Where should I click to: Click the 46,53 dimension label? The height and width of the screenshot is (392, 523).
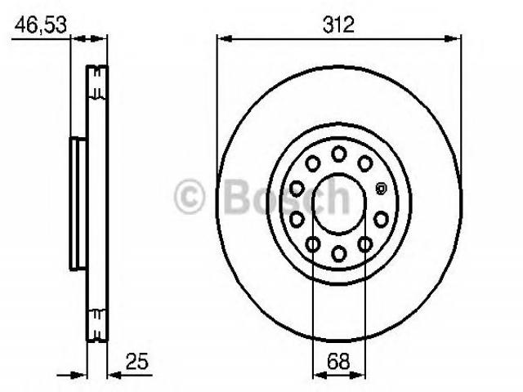[41, 25]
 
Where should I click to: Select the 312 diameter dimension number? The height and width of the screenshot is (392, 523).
[338, 25]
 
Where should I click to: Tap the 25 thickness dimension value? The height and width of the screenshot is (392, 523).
[136, 361]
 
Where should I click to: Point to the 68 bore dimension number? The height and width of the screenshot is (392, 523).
[338, 361]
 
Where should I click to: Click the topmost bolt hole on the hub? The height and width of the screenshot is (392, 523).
[338, 154]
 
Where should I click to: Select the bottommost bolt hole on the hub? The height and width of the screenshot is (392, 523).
[339, 253]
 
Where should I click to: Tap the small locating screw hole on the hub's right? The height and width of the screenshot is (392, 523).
[380, 189]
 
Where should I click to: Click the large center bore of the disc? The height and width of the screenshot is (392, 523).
[338, 204]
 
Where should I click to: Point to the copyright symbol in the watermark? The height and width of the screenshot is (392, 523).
[189, 197]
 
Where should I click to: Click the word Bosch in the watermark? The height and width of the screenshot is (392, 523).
[288, 197]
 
